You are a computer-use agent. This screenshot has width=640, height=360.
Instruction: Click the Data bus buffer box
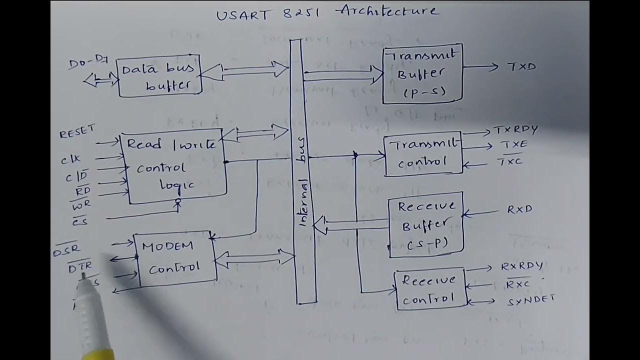[159, 76]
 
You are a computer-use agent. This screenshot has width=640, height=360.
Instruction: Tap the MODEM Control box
[175, 258]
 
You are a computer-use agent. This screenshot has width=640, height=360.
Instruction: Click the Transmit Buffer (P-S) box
[422, 74]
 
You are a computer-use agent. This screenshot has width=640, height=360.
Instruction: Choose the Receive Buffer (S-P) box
[426, 225]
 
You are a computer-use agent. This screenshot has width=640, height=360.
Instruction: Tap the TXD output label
[521, 66]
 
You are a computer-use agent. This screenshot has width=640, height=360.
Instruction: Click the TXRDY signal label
[516, 130]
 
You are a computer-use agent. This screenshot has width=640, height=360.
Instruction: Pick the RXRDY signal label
[522, 266]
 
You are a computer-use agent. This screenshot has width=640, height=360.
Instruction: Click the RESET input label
[76, 132]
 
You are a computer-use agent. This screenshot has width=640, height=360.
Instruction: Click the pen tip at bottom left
[83, 276]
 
